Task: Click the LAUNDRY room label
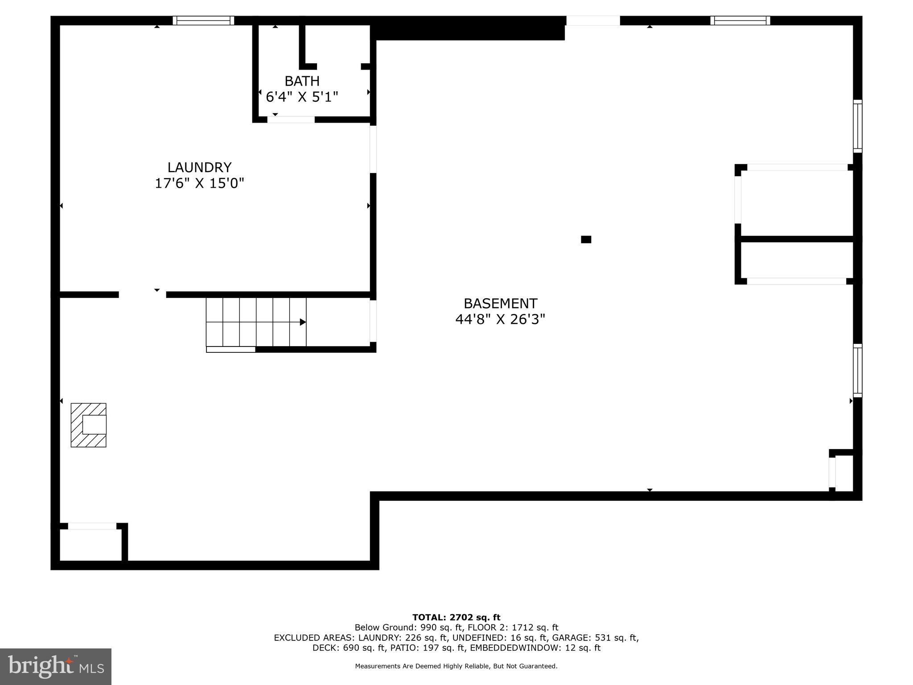point(199,167)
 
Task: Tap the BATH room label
point(302,81)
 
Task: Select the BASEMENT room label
point(500,304)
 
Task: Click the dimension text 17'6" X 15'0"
point(199,183)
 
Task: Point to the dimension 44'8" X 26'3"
point(500,319)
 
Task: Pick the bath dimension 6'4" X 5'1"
point(302,97)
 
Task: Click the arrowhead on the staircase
point(303,322)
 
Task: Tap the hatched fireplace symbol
point(89,425)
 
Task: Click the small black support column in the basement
point(586,239)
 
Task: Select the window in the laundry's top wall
point(203,21)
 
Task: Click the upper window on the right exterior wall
point(857,126)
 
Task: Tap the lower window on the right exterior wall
point(857,370)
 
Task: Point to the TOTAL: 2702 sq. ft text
point(456,617)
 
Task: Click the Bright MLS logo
point(56,666)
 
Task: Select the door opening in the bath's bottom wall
point(291,120)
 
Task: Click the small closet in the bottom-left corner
point(90,545)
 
